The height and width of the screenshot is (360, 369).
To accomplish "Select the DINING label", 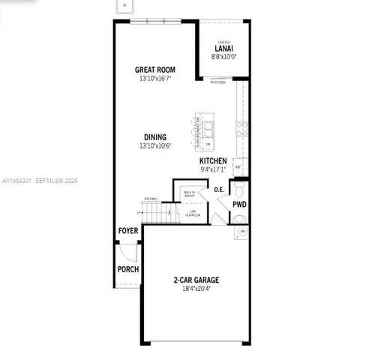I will [x=155, y=137].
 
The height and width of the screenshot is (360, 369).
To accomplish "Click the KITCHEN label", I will [x=213, y=160].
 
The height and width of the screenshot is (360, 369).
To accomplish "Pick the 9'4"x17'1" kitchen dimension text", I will [x=213, y=169].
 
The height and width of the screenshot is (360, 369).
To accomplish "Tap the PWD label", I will [x=239, y=203].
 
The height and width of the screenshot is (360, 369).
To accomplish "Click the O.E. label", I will [x=219, y=190].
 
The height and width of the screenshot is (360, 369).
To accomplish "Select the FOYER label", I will [x=128, y=231].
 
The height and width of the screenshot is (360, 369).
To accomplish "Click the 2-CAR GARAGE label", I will [x=196, y=280].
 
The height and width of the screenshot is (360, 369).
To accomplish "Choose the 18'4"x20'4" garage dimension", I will [x=196, y=289].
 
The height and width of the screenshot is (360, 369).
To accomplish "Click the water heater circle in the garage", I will [x=242, y=232].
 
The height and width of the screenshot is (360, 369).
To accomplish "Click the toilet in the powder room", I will [x=238, y=218].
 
